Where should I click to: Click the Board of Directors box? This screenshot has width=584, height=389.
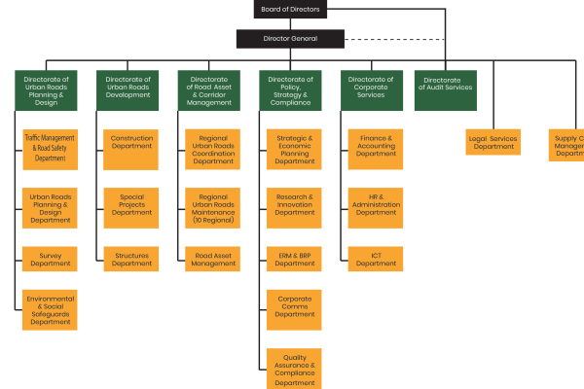(x=290, y=9)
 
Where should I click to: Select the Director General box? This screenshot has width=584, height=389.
(x=290, y=39)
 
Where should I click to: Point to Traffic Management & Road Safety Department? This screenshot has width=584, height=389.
(x=50, y=149)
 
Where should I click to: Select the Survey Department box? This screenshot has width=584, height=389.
(x=50, y=259)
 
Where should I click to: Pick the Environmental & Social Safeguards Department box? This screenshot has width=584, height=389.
(x=50, y=309)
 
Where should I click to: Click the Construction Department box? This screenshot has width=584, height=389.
(x=131, y=143)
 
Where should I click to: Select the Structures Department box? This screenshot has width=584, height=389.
(x=131, y=259)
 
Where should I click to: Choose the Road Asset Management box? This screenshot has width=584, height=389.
(x=212, y=259)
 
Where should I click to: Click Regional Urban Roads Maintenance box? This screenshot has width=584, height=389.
(x=212, y=207)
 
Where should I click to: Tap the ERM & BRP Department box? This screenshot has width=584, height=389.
(x=294, y=259)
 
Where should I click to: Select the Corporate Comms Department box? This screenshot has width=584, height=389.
(x=294, y=307)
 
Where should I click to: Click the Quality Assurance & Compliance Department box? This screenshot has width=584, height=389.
(x=294, y=369)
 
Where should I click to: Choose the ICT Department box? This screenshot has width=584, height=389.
(x=376, y=259)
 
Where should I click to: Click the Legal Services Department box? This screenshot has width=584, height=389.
(x=493, y=142)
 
